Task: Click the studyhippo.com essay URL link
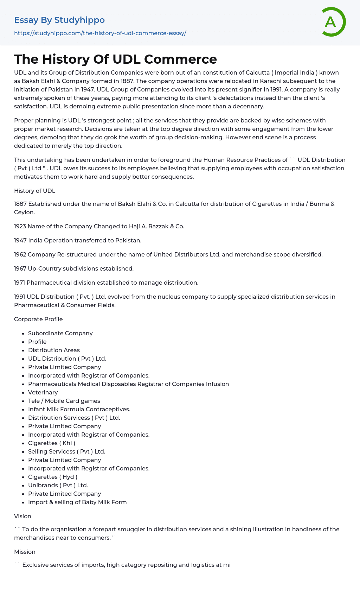[x=100, y=33]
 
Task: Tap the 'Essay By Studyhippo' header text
[x=59, y=20]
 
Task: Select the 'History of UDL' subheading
[x=34, y=191]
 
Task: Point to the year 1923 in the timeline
[x=20, y=226]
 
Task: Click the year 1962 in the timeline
[x=20, y=254]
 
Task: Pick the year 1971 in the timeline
[x=20, y=283]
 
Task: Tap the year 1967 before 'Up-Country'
[x=20, y=268]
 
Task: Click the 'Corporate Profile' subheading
[x=38, y=319]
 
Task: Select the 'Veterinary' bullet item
[x=43, y=392]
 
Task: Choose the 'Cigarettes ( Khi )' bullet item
[x=52, y=443]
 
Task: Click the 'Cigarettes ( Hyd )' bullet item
[x=53, y=477]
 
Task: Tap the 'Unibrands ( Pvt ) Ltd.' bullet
[x=58, y=485]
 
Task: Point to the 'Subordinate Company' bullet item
[x=60, y=333]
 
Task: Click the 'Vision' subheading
[x=22, y=516]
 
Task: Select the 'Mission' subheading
[x=25, y=552]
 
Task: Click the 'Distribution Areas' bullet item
[x=54, y=350]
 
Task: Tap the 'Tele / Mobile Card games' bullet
[x=64, y=401]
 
